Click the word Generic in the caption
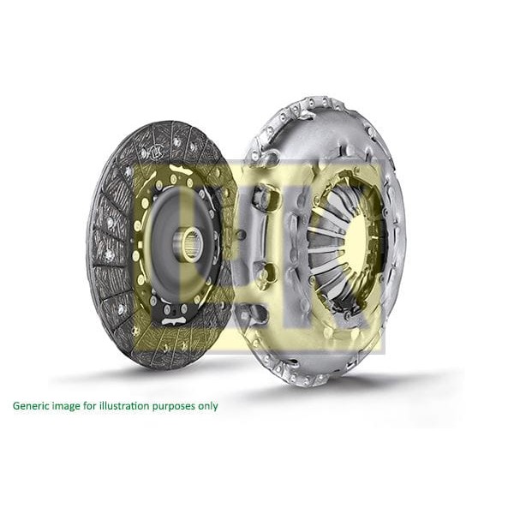pos(33,406)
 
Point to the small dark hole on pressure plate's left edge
pos(241,235)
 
